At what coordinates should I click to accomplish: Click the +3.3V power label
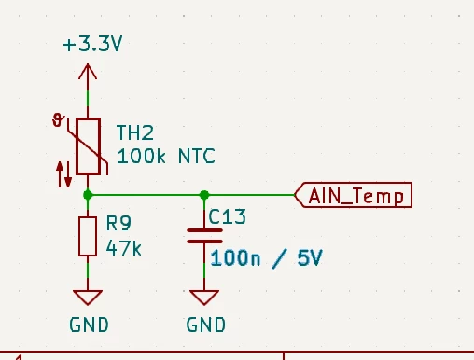point(92,44)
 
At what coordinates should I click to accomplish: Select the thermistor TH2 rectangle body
point(88,146)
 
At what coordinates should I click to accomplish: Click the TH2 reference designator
point(135,132)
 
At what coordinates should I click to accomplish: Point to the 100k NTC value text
point(165,156)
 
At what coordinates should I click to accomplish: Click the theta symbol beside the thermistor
point(58,120)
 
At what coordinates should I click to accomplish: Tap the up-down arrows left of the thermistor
point(64,174)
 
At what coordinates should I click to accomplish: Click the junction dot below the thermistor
point(88,195)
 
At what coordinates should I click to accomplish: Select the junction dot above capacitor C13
point(204,195)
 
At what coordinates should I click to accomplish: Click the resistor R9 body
point(88,237)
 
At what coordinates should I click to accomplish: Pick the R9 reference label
point(118,223)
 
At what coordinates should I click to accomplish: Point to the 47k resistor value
point(123,248)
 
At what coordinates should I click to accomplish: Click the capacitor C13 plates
point(204,236)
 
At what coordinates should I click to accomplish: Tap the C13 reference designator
point(227,216)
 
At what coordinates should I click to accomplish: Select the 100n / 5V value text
point(267,258)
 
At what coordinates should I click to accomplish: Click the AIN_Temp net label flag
point(353,195)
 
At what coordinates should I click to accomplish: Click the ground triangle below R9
point(88,298)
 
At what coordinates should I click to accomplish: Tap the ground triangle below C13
point(204,298)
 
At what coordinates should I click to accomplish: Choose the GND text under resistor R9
point(89,325)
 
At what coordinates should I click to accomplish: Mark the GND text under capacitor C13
point(205,325)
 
